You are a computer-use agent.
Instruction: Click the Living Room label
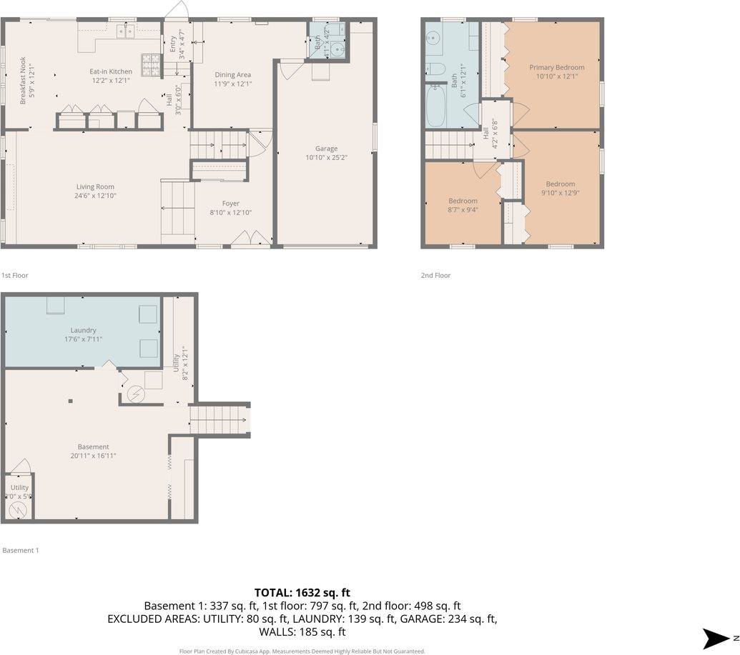[94, 187]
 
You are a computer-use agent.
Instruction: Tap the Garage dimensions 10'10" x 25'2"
[326, 158]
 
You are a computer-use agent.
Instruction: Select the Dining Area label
[233, 74]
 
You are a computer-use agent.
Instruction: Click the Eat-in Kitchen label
[110, 71]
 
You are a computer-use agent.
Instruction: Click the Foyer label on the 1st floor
[230, 204]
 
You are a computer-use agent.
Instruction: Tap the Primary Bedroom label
[556, 67]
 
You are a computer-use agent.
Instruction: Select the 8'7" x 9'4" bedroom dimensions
[463, 210]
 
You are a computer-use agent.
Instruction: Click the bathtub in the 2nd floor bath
[436, 106]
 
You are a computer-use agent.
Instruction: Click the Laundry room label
[83, 330]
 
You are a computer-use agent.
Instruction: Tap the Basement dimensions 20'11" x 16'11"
[93, 456]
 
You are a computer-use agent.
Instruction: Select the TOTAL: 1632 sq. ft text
[302, 592]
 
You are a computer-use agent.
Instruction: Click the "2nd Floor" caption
[435, 275]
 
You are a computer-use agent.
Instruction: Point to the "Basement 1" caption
[21, 550]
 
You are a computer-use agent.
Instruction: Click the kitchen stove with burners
[152, 65]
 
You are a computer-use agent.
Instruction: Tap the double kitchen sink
[127, 31]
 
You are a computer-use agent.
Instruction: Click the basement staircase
[219, 419]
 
